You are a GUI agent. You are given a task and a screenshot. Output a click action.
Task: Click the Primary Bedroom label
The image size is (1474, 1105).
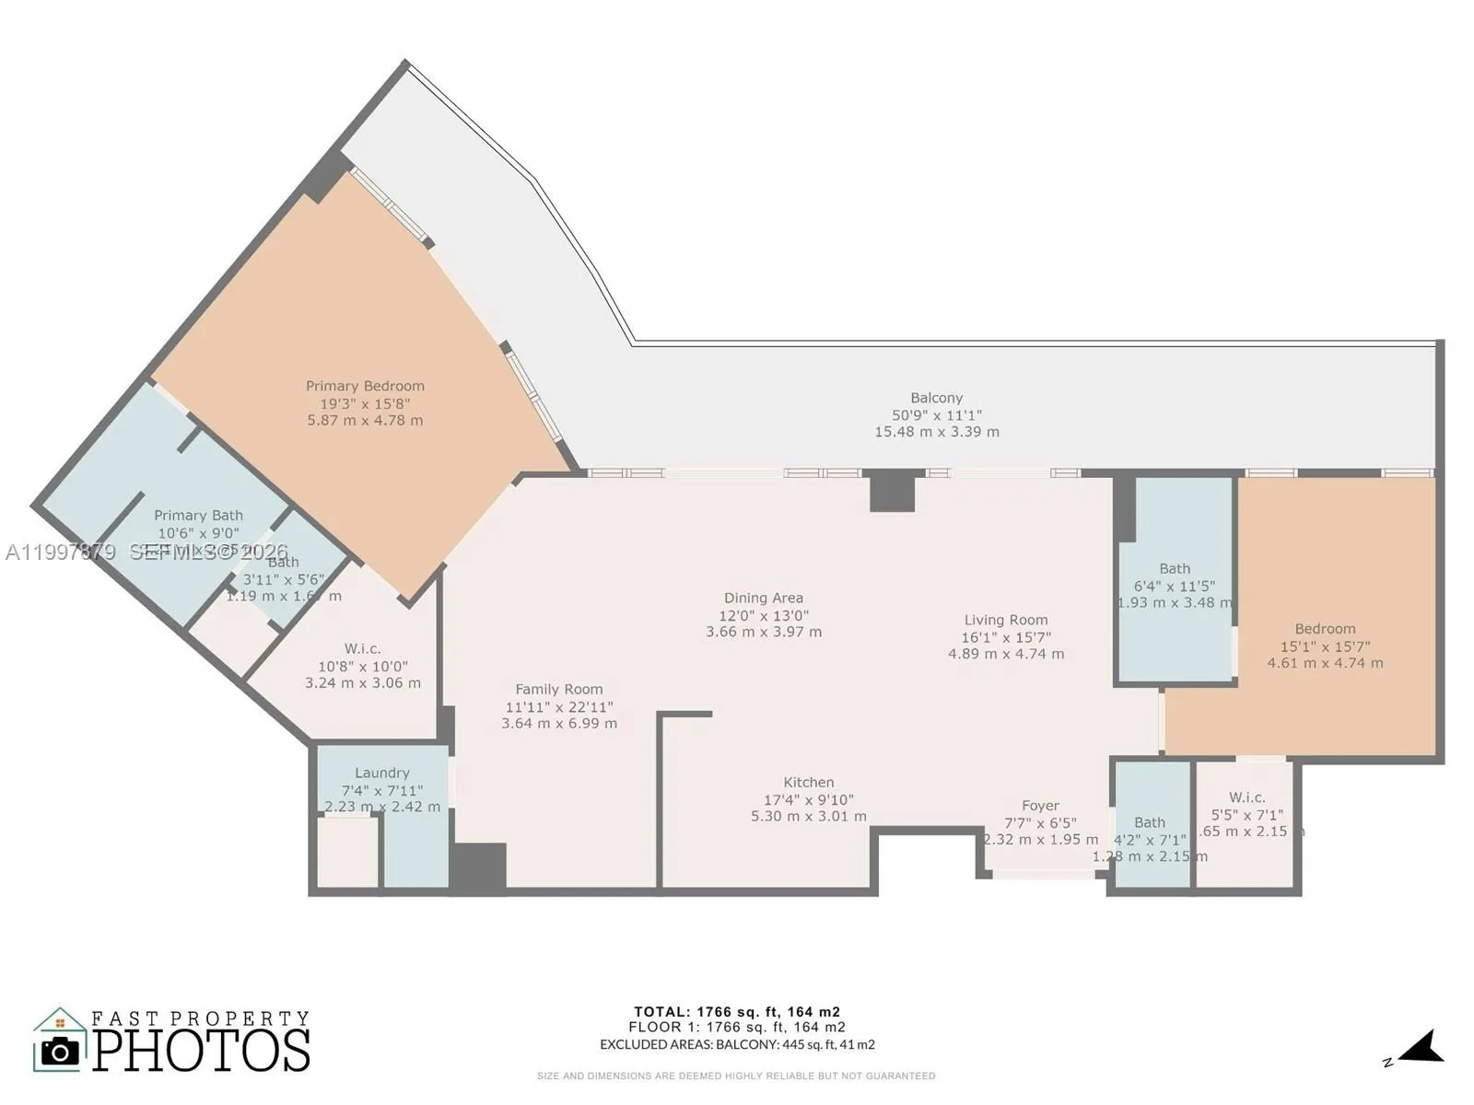365,386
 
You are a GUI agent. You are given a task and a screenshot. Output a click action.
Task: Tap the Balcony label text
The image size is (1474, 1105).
936,398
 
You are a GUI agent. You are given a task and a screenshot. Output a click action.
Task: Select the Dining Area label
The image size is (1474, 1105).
763,599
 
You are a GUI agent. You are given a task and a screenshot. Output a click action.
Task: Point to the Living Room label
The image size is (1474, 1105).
1005,620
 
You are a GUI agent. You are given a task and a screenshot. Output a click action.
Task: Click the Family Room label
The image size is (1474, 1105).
558,689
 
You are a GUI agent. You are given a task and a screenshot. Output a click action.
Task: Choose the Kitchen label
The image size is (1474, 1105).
808,782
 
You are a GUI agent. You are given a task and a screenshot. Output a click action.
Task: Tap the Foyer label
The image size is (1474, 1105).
1040,806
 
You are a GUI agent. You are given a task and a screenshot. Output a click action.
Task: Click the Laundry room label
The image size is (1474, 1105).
381,773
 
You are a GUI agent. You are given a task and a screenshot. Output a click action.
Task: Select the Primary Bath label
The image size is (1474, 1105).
198,516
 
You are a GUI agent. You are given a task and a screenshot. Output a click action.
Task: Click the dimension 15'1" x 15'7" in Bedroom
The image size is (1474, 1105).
1325,646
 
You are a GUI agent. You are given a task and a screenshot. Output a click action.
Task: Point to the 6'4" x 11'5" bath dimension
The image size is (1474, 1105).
1174,586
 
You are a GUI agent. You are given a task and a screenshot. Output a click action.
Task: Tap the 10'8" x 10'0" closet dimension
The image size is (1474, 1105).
362,666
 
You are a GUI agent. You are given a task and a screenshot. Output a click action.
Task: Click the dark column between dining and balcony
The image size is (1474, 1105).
892,490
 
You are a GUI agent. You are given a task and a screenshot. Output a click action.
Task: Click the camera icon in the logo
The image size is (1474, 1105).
61,1052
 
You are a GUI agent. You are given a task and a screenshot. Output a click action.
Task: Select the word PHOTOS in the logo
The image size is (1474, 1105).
201,1050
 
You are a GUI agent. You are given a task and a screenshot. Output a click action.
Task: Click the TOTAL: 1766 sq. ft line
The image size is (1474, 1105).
736,1012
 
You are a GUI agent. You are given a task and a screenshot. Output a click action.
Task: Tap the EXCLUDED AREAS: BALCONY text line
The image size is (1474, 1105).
736,1044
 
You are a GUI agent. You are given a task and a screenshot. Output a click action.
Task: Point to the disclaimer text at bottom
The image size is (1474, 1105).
736,1076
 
